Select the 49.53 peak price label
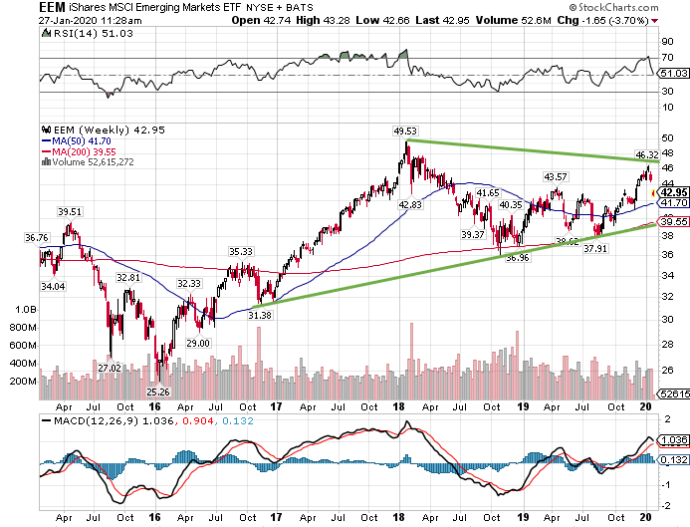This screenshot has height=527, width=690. coord(404,131)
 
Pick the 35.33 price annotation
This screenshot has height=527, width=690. coord(241,252)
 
